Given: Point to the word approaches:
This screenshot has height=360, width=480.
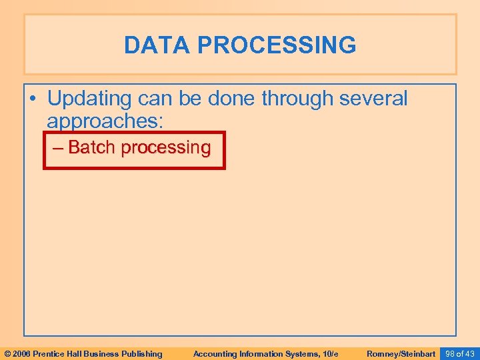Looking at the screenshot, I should [105, 121].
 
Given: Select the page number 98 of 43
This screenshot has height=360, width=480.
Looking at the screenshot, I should [460, 353].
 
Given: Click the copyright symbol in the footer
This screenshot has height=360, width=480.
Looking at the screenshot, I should [8, 353].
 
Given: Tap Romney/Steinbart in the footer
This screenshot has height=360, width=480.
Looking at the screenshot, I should [401, 353].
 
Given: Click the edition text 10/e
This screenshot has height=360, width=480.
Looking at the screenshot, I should [330, 353].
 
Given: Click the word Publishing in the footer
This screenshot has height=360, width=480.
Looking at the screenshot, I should [141, 353].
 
